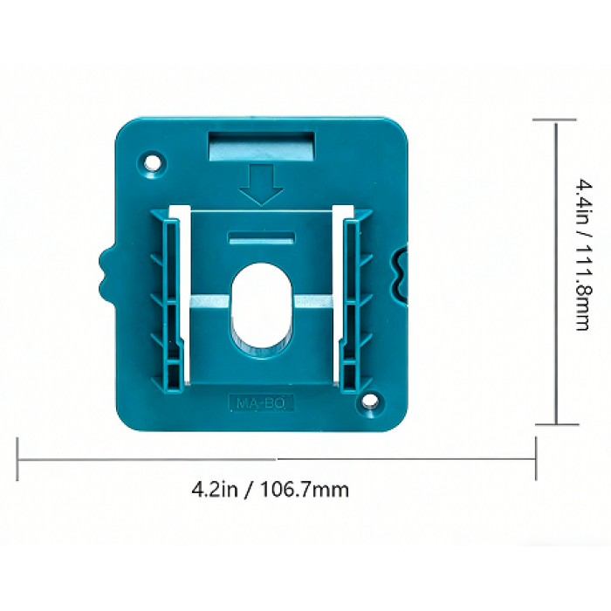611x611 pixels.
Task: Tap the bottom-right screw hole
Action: (371, 400)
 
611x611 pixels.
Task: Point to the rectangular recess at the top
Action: (262, 147)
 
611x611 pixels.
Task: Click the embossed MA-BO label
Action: (261, 403)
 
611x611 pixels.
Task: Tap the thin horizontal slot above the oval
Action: (262, 238)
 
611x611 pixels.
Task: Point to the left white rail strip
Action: (182, 293)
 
